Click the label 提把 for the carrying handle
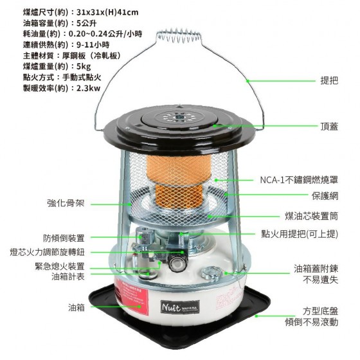329,80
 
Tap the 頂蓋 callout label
329,126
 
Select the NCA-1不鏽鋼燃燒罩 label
299,180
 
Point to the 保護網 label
325,196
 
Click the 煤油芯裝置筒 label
312,216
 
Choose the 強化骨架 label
66,203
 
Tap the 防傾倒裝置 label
64,238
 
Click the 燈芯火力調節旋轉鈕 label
48,252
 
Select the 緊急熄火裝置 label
60,266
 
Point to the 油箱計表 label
68,276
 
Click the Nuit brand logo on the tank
180,307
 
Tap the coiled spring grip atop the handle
179,36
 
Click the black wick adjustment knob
177,263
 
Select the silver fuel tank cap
212,273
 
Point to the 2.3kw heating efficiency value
89,88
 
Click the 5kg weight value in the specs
84,66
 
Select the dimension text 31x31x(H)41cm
107,12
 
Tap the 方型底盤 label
320,311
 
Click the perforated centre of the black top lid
179,117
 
